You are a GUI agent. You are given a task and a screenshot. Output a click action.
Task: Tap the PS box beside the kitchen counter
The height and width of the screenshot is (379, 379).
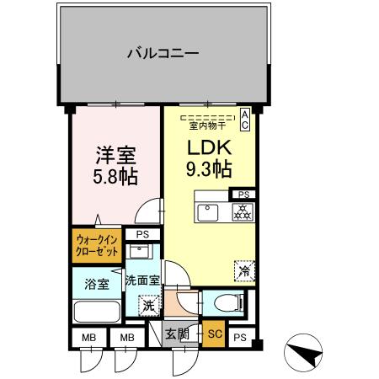(x=243, y=194)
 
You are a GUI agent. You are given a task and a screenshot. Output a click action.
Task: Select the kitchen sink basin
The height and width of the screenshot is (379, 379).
(x=208, y=211)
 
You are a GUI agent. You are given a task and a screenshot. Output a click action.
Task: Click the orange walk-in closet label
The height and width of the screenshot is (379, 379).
(x=96, y=248)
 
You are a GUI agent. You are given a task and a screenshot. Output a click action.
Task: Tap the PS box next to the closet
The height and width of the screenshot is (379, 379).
(x=142, y=235)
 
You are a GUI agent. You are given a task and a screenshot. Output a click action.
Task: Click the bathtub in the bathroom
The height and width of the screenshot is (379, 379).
(x=96, y=312)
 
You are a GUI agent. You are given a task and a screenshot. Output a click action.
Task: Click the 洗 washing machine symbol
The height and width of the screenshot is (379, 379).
(x=149, y=307)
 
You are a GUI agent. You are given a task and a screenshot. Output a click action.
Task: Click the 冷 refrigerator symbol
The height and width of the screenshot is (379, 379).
(x=243, y=271)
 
